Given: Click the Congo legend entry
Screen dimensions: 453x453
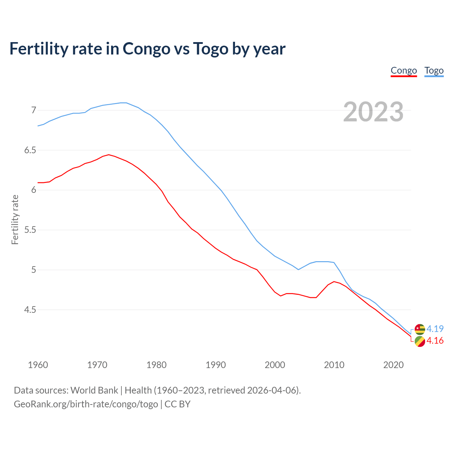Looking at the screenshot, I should tap(403, 71).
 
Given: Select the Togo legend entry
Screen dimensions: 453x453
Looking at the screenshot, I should tap(434, 71).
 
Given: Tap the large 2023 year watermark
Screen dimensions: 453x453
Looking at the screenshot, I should tap(373, 112).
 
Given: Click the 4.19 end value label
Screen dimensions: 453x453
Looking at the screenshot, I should tap(435, 329).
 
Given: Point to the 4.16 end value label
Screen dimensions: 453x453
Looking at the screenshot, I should tap(435, 341).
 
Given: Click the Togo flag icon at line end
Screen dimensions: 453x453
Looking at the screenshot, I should tap(420, 329).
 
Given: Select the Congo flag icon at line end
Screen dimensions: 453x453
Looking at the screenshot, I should tap(420, 342).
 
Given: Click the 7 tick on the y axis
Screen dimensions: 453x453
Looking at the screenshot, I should tap(34, 110).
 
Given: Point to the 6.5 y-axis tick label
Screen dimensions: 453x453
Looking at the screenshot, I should tap(30, 150).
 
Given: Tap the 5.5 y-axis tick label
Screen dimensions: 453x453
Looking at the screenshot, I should tap(30, 230).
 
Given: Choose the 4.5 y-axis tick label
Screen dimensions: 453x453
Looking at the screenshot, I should tap(30, 310).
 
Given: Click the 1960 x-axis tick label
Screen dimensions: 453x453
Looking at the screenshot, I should tap(38, 365).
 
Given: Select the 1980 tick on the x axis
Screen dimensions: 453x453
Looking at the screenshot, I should tap(156, 365).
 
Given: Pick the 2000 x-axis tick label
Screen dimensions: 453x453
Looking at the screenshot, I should tap(275, 365).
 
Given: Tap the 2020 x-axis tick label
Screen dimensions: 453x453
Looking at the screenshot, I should tap(393, 365).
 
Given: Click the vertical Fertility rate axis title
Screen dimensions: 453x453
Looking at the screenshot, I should tap(15, 219).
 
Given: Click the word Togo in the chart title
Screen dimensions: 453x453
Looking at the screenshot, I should tap(211, 49).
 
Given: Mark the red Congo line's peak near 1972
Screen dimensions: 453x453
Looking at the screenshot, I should tap(109, 155).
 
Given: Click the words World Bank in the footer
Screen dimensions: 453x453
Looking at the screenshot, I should tap(94, 390).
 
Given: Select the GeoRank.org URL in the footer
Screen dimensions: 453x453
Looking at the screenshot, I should tap(86, 404).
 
